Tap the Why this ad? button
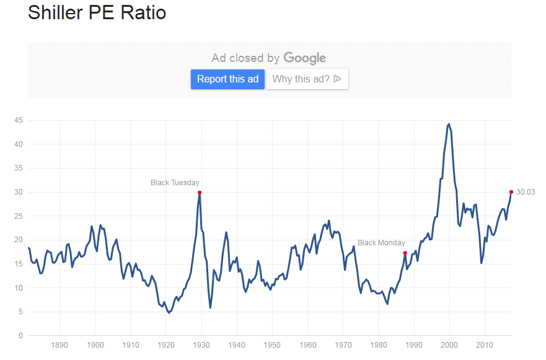click(x=307, y=79)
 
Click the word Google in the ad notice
click(x=304, y=58)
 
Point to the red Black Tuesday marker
click(x=200, y=193)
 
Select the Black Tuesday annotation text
click(x=175, y=183)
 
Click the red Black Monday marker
click(x=405, y=253)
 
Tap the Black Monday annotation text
click(x=381, y=243)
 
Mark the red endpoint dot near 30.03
click(x=511, y=192)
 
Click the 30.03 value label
click(x=525, y=192)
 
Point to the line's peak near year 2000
click(x=449, y=124)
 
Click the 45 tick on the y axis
click(x=19, y=120)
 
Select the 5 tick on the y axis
click(x=20, y=312)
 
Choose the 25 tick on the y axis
click(x=19, y=216)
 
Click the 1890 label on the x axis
click(x=59, y=345)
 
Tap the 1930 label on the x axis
click(x=201, y=345)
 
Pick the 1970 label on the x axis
click(x=343, y=345)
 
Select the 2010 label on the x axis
click(x=485, y=345)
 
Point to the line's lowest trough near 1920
click(x=169, y=313)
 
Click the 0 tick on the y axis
click(x=20, y=336)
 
